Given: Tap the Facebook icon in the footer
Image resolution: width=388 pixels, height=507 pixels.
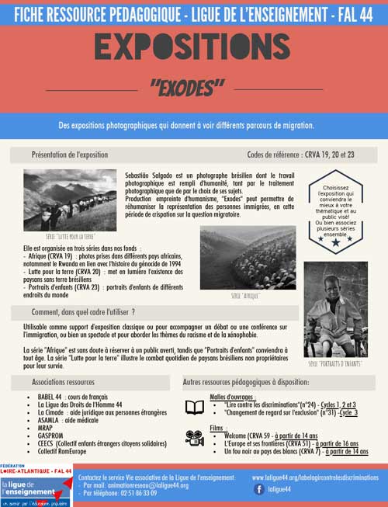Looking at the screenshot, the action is point(259,489).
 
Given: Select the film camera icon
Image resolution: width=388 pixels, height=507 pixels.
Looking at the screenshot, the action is point(195,438).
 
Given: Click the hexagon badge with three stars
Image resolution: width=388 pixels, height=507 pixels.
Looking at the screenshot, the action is point(336,210).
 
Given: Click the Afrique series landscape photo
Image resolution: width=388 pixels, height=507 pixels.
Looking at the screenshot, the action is point(248,257).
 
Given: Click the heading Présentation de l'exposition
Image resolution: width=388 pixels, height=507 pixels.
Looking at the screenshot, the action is point(70,155).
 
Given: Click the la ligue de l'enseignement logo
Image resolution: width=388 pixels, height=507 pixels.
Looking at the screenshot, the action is point(36,487).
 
